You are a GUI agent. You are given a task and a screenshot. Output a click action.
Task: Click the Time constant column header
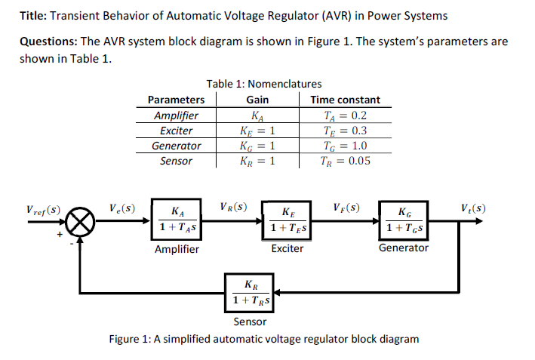[345, 100]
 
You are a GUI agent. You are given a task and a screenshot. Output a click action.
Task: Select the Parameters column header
[176, 100]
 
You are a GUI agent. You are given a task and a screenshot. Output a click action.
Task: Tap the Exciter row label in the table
[176, 131]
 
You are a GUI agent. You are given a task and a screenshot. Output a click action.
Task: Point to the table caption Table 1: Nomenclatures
[264, 84]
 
